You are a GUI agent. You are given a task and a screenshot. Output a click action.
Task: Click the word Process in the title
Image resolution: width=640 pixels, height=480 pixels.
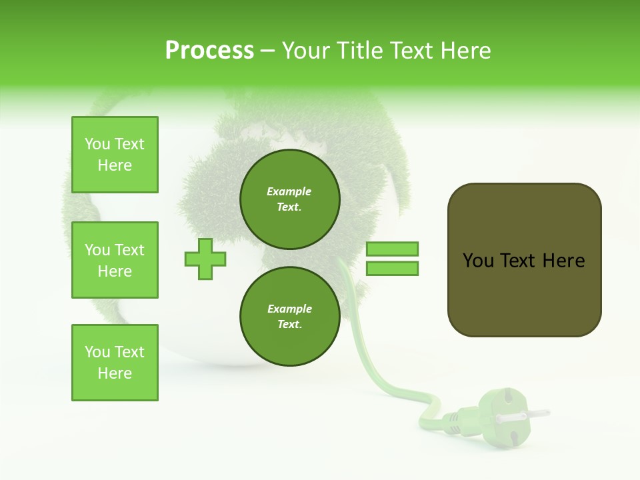(209, 50)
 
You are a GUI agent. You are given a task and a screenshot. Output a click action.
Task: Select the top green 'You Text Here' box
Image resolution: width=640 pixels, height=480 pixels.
(115, 155)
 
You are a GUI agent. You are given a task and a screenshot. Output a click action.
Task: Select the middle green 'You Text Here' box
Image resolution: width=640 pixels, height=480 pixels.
(115, 260)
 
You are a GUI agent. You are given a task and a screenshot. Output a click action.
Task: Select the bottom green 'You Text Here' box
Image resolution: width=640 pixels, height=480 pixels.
(115, 363)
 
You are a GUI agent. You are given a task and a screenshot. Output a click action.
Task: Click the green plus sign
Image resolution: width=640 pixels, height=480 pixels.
(205, 259)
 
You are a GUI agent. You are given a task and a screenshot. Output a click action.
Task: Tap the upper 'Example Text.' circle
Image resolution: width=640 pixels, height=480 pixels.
(289, 199)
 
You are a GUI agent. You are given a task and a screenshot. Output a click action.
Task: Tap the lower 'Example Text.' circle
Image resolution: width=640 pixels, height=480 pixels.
(289, 316)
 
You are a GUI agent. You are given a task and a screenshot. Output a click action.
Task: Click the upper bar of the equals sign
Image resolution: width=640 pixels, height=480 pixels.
(392, 249)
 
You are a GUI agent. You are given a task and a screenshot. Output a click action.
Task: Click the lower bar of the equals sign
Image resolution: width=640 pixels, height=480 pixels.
(392, 269)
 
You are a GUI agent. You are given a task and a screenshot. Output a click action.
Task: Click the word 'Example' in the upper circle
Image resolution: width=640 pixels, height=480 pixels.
(289, 191)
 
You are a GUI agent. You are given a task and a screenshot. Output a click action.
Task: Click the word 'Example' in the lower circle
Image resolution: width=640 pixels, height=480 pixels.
(289, 309)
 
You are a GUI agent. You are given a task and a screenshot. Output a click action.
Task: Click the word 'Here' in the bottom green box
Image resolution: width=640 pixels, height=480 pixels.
(115, 373)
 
